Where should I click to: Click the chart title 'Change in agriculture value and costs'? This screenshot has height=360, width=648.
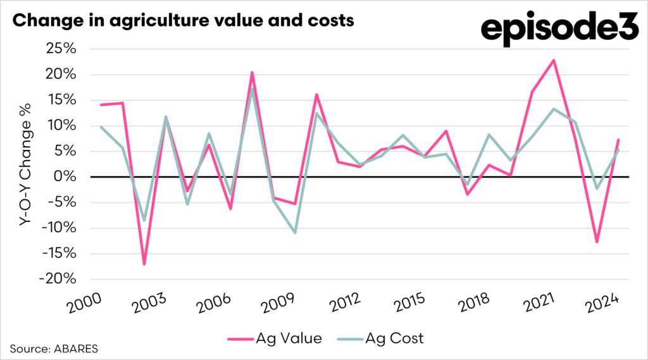(x=183, y=20)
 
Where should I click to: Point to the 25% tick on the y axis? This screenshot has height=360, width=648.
(x=61, y=49)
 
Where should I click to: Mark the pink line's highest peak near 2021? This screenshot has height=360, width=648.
(x=554, y=61)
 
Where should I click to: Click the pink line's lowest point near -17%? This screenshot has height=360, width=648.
(x=144, y=264)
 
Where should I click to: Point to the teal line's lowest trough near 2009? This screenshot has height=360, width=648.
(x=294, y=233)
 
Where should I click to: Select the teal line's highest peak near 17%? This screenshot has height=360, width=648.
(x=252, y=89)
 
